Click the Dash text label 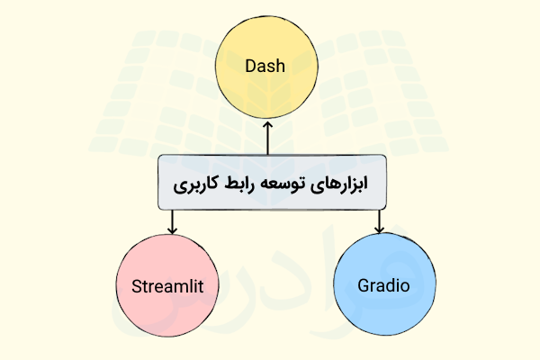point(266,67)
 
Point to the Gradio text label point(383,287)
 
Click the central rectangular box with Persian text point(271,184)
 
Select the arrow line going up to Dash point(267,140)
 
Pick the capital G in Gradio point(364,287)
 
